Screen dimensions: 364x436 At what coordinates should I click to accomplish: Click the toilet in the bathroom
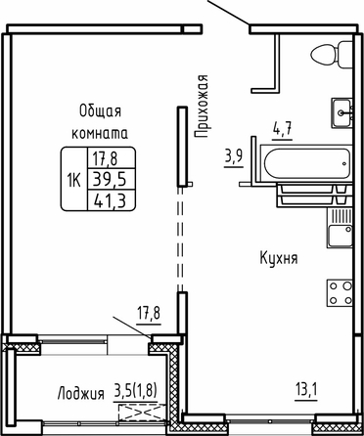tap(332, 55)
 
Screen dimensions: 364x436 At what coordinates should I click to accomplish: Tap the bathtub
tap(306, 163)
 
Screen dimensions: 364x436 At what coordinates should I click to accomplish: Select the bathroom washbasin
tap(341, 112)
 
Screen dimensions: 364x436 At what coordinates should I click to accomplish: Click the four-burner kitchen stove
tap(340, 292)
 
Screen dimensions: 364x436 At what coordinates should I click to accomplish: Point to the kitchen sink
tap(341, 228)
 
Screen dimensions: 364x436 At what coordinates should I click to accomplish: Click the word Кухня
tap(279, 259)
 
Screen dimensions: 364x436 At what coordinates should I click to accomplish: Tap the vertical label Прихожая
tap(202, 107)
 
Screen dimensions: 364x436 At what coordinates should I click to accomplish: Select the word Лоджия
tap(81, 394)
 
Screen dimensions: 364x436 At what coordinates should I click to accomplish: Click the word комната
tap(100, 134)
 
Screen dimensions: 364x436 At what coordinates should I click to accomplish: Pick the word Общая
tap(100, 111)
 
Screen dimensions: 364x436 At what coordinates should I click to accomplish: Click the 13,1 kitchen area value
tap(306, 390)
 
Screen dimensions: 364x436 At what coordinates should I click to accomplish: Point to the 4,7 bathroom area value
tap(282, 131)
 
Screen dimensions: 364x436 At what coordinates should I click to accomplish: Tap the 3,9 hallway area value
tap(233, 158)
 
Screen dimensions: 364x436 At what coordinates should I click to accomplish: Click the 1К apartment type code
tap(74, 179)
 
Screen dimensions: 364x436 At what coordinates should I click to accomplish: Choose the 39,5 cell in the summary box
tap(110, 179)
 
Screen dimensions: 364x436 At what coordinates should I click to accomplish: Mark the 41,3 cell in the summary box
tap(110, 199)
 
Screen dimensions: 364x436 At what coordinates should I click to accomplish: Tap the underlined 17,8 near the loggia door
tap(149, 316)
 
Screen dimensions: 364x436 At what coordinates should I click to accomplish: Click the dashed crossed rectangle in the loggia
tap(142, 414)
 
